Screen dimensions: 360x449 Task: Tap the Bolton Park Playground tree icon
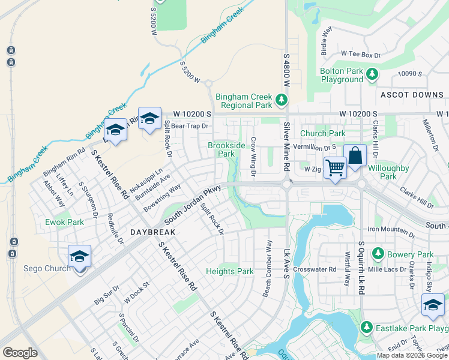(373, 74)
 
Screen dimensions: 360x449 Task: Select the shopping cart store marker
(335, 167)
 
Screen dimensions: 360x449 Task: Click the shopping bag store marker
(355, 155)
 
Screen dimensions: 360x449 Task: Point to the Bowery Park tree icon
(377, 254)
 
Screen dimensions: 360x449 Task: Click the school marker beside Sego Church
(79, 256)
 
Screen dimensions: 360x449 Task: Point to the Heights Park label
(230, 271)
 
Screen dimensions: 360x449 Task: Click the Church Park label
(323, 133)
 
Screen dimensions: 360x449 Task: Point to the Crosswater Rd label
(315, 269)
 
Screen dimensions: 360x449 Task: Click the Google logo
(20, 353)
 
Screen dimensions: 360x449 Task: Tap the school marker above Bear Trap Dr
(149, 118)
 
